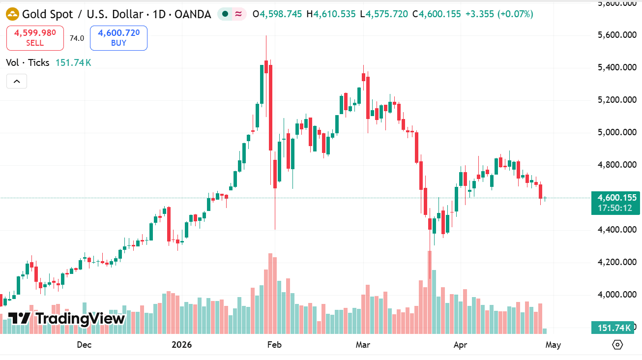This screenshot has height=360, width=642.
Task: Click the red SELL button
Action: tap(35, 38)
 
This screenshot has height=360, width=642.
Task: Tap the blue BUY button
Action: tap(118, 38)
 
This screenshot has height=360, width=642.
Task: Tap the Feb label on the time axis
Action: tap(274, 345)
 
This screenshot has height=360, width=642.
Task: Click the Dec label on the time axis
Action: tap(84, 345)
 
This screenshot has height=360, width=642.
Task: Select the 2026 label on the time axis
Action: tap(181, 345)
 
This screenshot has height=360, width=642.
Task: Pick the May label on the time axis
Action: tap(553, 345)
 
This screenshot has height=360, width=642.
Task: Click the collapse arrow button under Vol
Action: tap(17, 81)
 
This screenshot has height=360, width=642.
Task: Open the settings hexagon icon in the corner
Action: tap(618, 345)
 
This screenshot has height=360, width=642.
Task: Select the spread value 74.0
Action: tap(77, 38)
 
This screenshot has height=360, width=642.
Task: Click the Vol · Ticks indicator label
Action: tap(28, 62)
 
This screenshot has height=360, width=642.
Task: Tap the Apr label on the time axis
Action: tap(460, 345)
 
